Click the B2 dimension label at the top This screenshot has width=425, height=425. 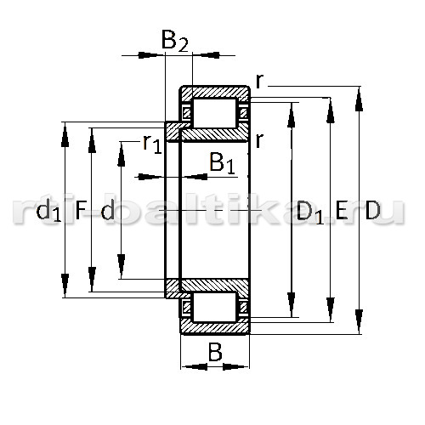174,41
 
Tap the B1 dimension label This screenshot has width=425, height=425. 223,163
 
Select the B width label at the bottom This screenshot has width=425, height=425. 215,352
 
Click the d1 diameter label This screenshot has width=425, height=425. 48,211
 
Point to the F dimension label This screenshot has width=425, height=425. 81,210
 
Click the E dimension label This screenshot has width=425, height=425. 342,210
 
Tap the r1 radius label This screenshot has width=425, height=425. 152,144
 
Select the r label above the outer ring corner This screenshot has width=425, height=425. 259,82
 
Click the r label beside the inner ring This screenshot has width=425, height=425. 259,141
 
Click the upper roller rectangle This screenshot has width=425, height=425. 215,113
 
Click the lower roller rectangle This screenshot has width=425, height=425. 215,307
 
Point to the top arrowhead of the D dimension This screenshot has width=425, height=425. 359,99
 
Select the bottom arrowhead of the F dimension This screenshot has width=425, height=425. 92,279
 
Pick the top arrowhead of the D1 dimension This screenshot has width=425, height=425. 292,115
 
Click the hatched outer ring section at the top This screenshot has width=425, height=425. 215,93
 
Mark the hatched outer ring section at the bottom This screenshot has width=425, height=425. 215,328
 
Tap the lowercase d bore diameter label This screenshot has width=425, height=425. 108,210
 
